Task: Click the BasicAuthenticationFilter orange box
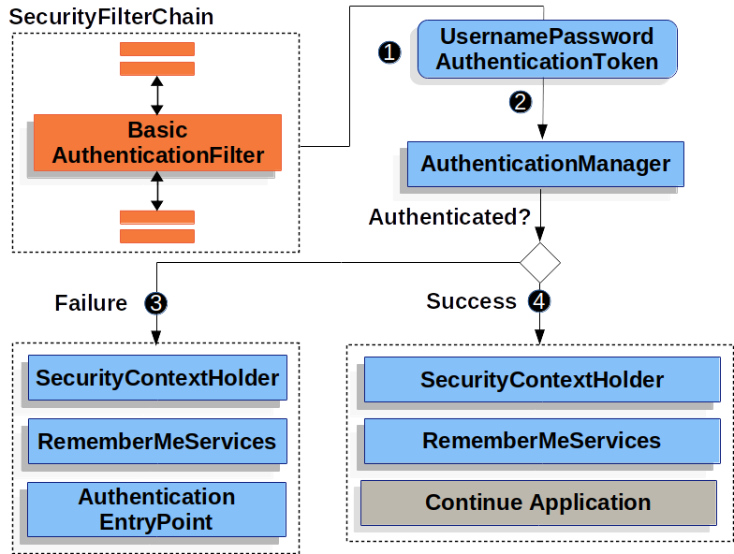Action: (157, 143)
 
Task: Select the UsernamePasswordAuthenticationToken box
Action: (547, 50)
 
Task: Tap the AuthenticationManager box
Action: (545, 165)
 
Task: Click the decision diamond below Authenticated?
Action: (540, 262)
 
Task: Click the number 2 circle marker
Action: (520, 102)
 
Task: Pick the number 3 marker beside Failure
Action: (155, 303)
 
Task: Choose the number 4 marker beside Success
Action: (539, 301)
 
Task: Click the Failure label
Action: (91, 303)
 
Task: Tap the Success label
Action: (471, 301)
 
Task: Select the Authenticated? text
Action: (449, 217)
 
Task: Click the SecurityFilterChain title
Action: (111, 17)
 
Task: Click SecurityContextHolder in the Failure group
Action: (156, 379)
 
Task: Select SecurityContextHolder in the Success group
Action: (541, 380)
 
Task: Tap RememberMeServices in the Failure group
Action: (156, 442)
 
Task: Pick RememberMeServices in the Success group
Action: (541, 441)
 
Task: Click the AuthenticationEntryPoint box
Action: (156, 509)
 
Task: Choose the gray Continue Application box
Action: (538, 503)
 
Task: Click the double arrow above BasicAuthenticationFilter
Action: (156, 95)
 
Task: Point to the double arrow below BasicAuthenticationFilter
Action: (156, 191)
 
